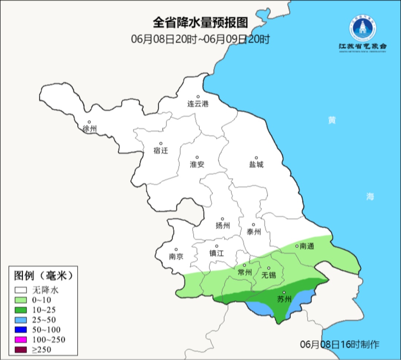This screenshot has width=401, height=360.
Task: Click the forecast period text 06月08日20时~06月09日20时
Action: coord(200,39)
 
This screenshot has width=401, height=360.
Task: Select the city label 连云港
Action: coord(198,104)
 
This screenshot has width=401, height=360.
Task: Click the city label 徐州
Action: coord(89,129)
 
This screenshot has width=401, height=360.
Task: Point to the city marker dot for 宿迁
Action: coord(161,143)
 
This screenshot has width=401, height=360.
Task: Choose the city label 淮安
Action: coord(197,165)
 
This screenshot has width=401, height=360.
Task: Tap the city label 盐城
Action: coord(256,165)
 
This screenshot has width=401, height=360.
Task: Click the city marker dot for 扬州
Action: coord(222,219)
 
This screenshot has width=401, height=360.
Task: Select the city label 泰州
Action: coord(254,232)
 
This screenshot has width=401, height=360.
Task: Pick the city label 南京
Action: coord(176,257)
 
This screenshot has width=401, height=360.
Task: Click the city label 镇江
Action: coord(216,253)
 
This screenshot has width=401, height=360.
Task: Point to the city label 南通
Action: coord(306,246)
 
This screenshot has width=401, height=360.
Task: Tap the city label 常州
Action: coord(245,272)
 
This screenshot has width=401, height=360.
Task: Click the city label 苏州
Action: coord(284,299)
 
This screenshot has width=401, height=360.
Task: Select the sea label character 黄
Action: coord(332,120)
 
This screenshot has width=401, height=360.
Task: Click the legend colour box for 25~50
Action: coord(21,320)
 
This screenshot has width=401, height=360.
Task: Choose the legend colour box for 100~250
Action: coord(21,339)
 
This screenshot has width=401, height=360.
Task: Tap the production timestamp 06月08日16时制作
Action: coord(340,344)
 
